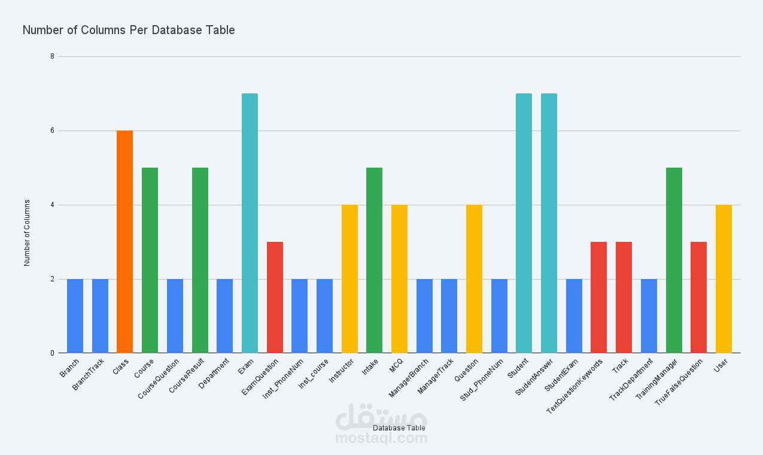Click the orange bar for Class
tap(124, 242)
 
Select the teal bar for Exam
tap(250, 223)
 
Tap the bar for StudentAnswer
tap(549, 223)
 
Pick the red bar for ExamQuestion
tap(275, 298)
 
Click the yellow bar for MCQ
tap(399, 279)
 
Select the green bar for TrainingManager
tap(674, 260)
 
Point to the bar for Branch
tap(75, 316)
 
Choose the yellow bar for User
tap(724, 279)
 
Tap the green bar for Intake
tap(374, 260)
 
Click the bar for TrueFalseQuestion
tap(698, 298)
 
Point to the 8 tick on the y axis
tap(52, 56)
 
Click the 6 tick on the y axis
tap(52, 131)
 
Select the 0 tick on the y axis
tap(52, 353)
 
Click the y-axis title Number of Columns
tap(27, 233)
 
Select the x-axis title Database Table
tap(399, 428)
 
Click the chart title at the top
tap(129, 30)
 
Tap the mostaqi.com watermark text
tap(381, 439)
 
